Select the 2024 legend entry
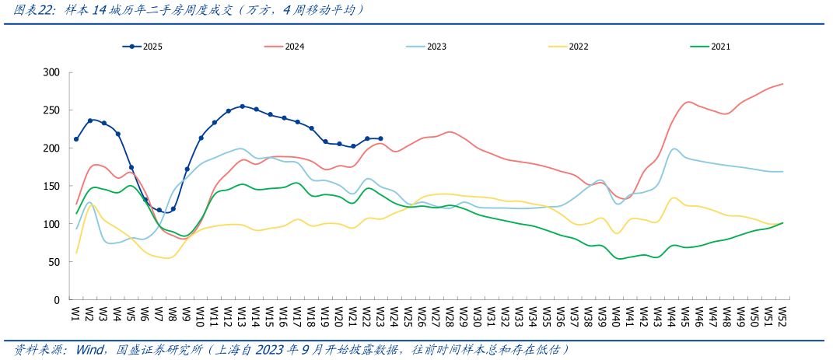point(294,47)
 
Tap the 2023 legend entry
point(436,47)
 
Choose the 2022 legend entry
point(578,47)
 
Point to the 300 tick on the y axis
point(51,72)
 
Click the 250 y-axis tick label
point(51,110)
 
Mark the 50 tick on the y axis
point(54,262)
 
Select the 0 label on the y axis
point(57,300)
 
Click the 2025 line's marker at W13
point(242,107)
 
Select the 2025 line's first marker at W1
point(76,139)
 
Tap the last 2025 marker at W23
point(380,138)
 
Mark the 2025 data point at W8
point(173,208)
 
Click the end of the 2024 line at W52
point(782,84)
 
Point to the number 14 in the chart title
point(99,10)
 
